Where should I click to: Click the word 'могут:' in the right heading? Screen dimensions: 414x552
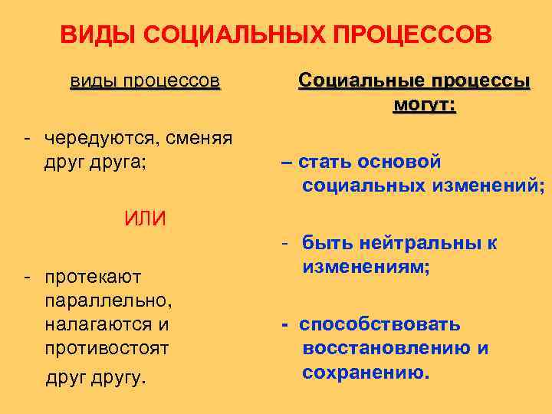[423, 104]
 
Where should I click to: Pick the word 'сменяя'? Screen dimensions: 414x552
[202, 139]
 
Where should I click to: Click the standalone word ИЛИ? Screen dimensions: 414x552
[145, 218]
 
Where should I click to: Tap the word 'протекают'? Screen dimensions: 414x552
[94, 275]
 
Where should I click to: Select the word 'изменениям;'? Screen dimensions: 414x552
[366, 268]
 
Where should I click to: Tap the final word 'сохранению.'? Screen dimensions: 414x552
[366, 373]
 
